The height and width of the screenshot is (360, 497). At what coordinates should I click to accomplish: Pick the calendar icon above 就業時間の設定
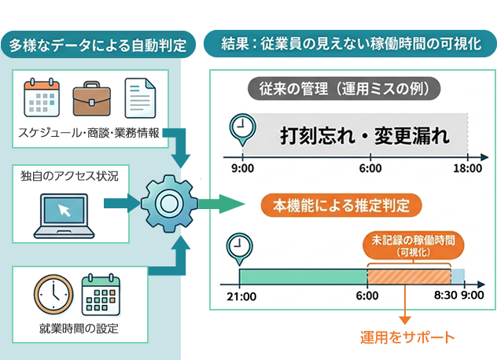(x=101, y=293)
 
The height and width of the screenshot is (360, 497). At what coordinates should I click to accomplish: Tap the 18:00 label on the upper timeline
(x=467, y=168)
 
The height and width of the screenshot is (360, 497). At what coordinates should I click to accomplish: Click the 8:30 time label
(x=444, y=296)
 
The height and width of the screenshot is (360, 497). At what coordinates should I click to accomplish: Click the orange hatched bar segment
(x=408, y=276)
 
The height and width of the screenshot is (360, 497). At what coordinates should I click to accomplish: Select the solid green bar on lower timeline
(x=304, y=276)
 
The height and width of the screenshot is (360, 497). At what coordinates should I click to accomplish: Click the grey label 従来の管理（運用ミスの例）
(x=344, y=87)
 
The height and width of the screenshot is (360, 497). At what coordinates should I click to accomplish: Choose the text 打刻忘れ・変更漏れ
(x=365, y=135)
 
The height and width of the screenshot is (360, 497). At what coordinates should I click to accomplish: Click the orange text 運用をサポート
(x=407, y=337)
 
